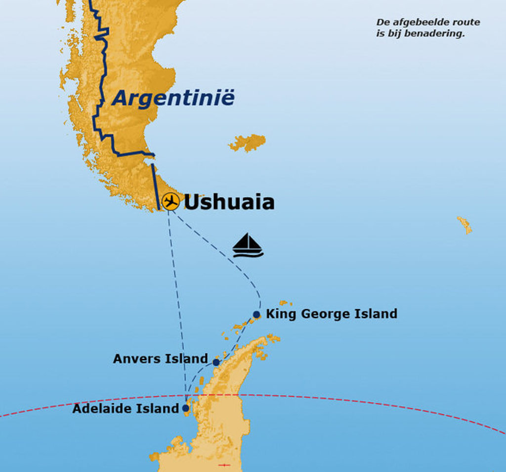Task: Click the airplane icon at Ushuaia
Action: coord(170,201)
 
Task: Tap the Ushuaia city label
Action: coord(229,202)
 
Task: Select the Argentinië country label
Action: coord(173,97)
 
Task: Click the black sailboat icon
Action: coord(248,245)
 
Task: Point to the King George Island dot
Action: coord(256,315)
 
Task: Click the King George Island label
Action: coord(331,314)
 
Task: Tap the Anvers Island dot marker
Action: coord(216,362)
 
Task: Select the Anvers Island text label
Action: coord(160,358)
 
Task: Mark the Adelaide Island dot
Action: coord(185,408)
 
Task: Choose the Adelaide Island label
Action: coord(125,409)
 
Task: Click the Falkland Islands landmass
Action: coord(248,142)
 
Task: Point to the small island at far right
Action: coord(464,225)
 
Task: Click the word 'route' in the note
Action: coord(467,22)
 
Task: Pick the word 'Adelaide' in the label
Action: coord(98,409)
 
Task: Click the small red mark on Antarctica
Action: coord(224,465)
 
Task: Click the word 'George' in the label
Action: coord(317,314)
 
